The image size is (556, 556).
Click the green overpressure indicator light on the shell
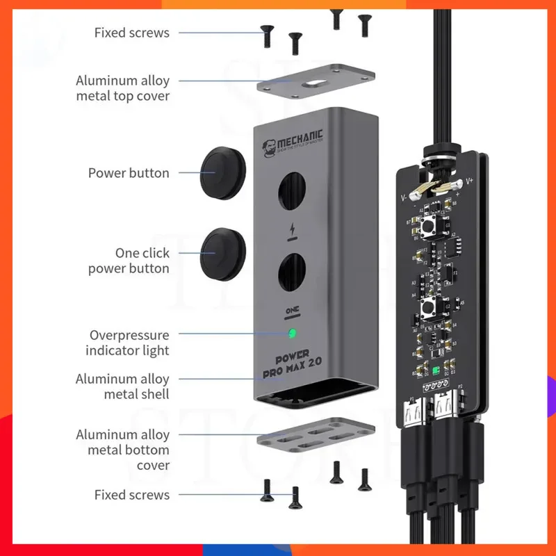(293, 333)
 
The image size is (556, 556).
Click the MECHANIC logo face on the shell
(269, 145)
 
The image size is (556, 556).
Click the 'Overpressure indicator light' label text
(128, 343)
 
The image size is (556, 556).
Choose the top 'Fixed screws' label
(131, 33)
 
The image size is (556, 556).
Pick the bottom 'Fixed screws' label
(131, 495)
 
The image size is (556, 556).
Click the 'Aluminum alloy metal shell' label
(122, 387)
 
